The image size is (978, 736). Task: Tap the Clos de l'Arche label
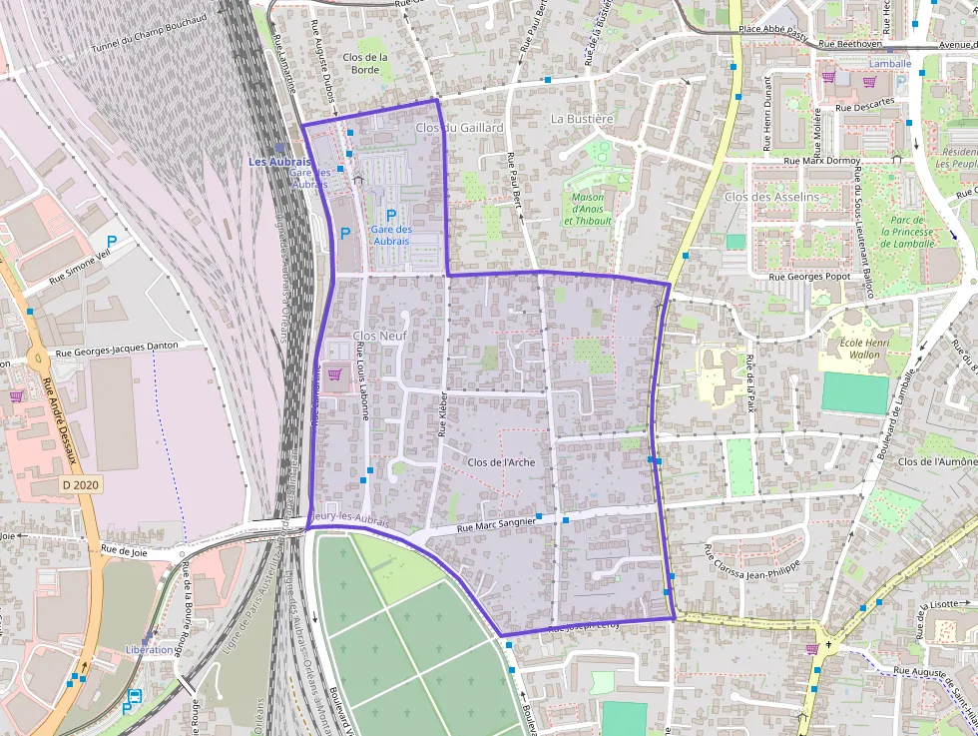(501, 462)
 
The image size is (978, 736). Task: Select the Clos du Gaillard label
(459, 128)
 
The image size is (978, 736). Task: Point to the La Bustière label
(582, 118)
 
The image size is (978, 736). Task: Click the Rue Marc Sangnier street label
(496, 524)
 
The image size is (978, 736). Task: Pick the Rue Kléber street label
(442, 414)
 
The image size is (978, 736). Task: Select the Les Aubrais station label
(279, 162)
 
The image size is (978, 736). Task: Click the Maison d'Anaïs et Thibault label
(588, 208)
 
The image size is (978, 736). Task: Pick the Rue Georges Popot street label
(809, 276)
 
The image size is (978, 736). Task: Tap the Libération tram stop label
(150, 649)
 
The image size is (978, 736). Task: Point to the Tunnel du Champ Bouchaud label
(150, 33)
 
